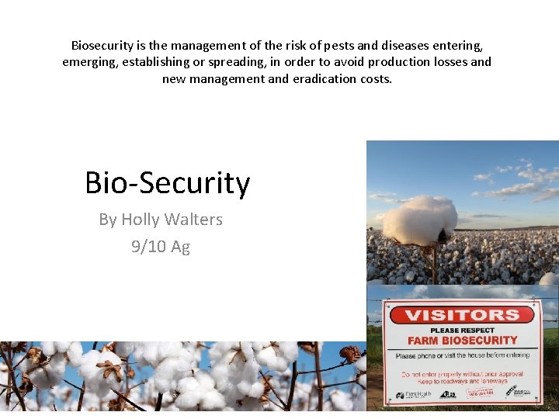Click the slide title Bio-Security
click(x=167, y=183)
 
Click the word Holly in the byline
click(x=140, y=220)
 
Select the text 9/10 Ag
click(x=161, y=247)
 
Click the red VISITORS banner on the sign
click(x=463, y=315)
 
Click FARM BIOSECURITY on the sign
click(x=463, y=340)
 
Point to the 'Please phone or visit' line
click(x=463, y=355)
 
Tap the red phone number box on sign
click(x=480, y=394)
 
